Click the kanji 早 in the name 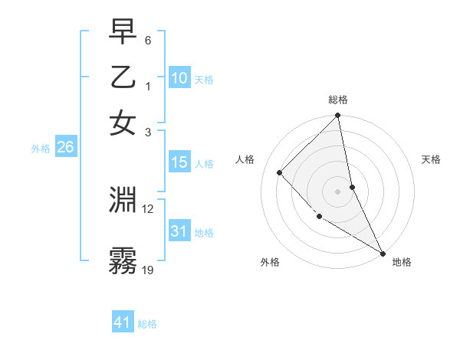tap(123, 33)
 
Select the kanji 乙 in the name tap(123, 78)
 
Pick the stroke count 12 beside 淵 tap(148, 208)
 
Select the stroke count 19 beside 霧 tap(148, 269)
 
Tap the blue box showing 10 tap(179, 78)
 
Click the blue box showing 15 tap(179, 162)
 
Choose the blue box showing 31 tap(179, 231)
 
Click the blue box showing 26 tap(65, 148)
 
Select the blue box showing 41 tap(123, 322)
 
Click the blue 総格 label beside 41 tap(147, 324)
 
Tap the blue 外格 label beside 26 tap(41, 149)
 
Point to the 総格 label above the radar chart tap(338, 100)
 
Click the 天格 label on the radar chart tap(432, 159)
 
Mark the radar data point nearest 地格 tap(382, 253)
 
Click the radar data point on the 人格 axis tap(280, 172)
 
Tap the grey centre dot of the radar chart tap(338, 191)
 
